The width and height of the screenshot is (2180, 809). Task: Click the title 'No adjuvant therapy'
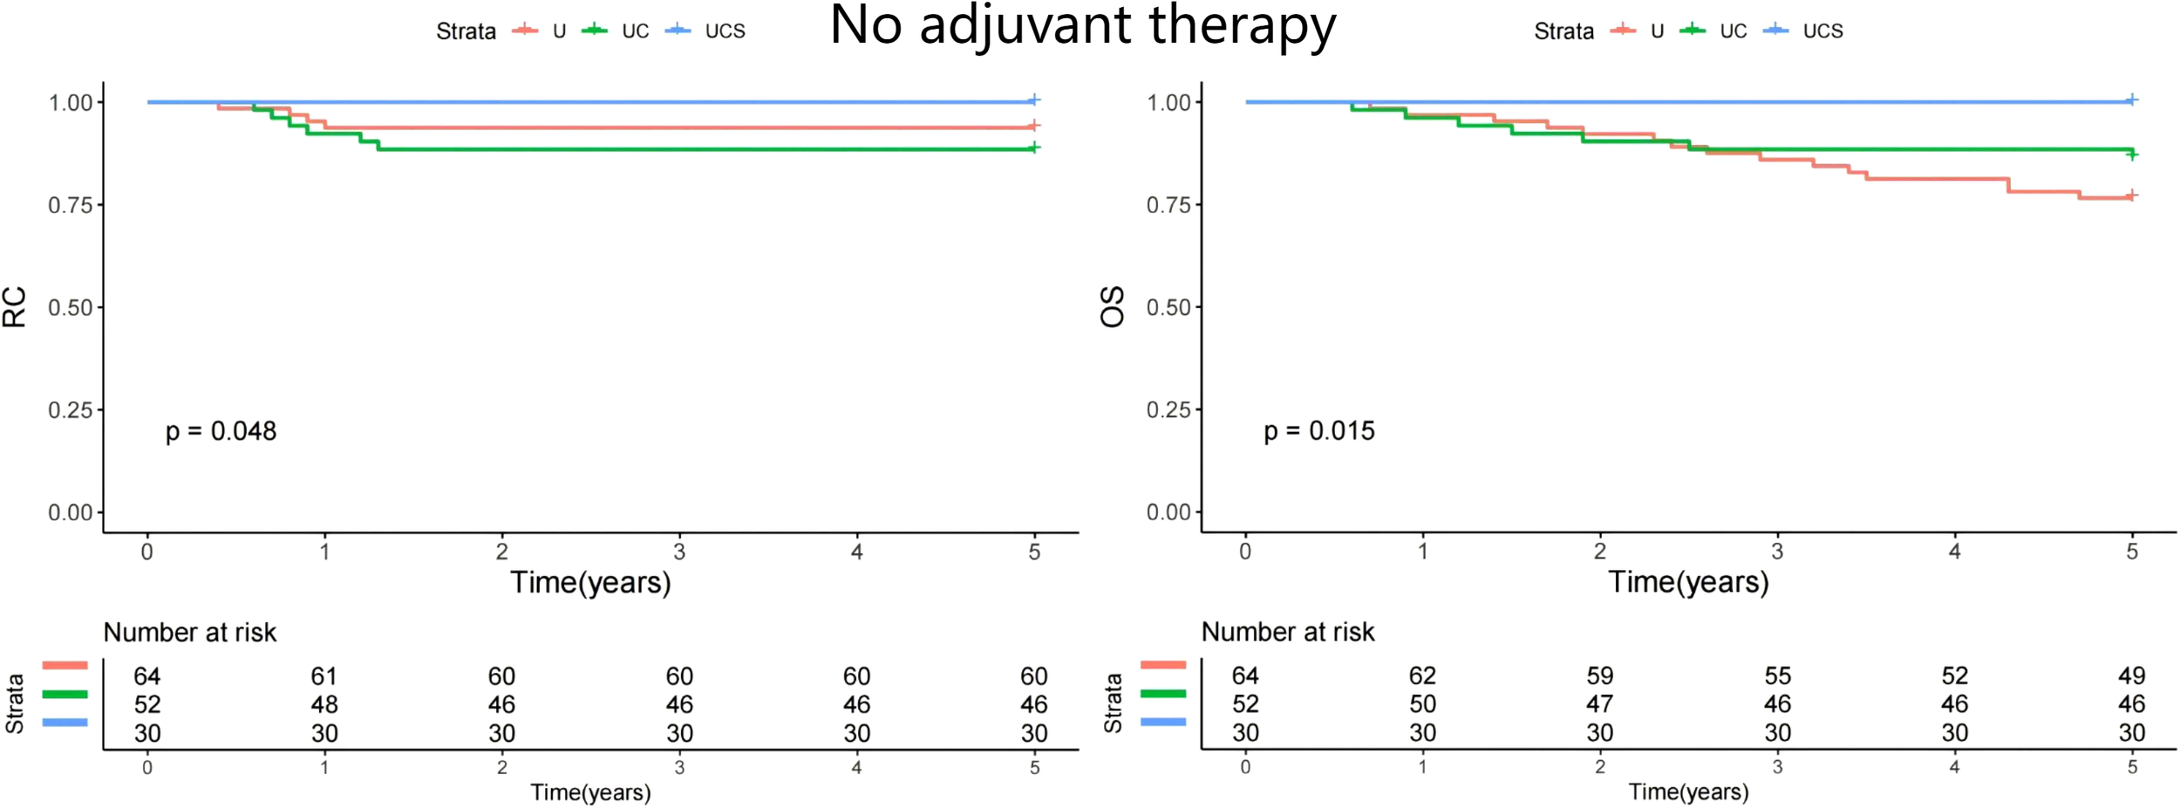pos(1082,26)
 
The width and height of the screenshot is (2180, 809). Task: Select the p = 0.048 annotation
pos(221,431)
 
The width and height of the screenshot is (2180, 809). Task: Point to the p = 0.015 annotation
pos(1318,431)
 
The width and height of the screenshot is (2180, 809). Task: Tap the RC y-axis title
pos(15,307)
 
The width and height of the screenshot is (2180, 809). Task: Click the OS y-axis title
pos(1113,307)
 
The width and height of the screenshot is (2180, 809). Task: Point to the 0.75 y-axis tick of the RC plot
pos(70,205)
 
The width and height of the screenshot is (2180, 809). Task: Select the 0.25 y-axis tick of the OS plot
pos(1168,409)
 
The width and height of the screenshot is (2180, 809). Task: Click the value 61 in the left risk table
pos(324,676)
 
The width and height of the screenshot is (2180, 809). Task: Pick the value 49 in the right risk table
pos(2131,675)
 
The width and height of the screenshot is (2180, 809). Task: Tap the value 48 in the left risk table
pos(324,704)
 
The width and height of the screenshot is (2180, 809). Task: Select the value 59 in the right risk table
pos(1599,675)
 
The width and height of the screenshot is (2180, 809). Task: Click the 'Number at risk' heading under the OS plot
pos(1287,632)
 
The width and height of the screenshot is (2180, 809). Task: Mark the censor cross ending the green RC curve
pos(1033,147)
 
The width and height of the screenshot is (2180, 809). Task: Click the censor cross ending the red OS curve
pos(2131,195)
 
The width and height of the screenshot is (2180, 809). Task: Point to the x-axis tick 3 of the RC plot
pos(679,552)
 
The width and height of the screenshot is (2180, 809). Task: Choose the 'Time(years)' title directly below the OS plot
pos(1688,582)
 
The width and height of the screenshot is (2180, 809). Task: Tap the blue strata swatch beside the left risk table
pos(65,722)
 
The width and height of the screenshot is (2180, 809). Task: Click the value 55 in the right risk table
pos(1777,675)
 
